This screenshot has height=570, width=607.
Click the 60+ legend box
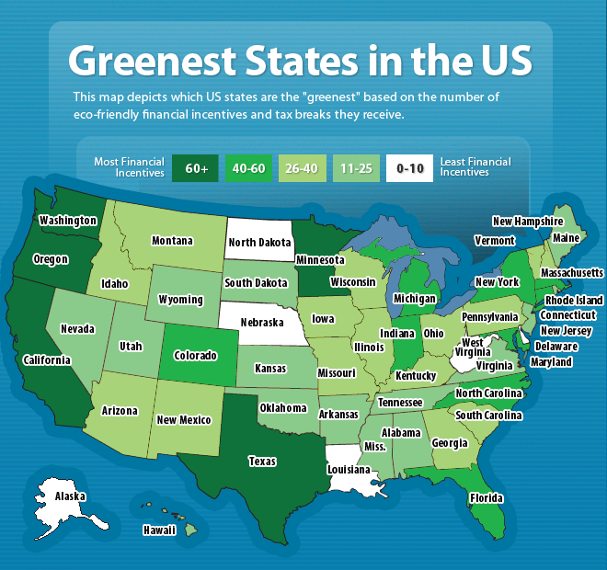(x=196, y=167)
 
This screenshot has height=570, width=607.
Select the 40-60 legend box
(x=249, y=167)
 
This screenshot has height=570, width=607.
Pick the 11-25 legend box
(x=356, y=167)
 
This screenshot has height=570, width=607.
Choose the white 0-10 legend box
(x=409, y=167)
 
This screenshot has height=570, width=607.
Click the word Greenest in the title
(x=155, y=60)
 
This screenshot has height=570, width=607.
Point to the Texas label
(x=263, y=461)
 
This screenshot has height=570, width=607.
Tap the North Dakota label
(x=259, y=244)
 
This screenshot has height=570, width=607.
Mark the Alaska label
(x=70, y=496)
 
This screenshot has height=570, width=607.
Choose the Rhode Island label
(x=574, y=300)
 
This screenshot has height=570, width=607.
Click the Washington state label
(x=68, y=221)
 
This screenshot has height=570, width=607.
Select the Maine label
(x=566, y=238)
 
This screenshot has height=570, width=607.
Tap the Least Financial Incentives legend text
(x=475, y=167)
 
